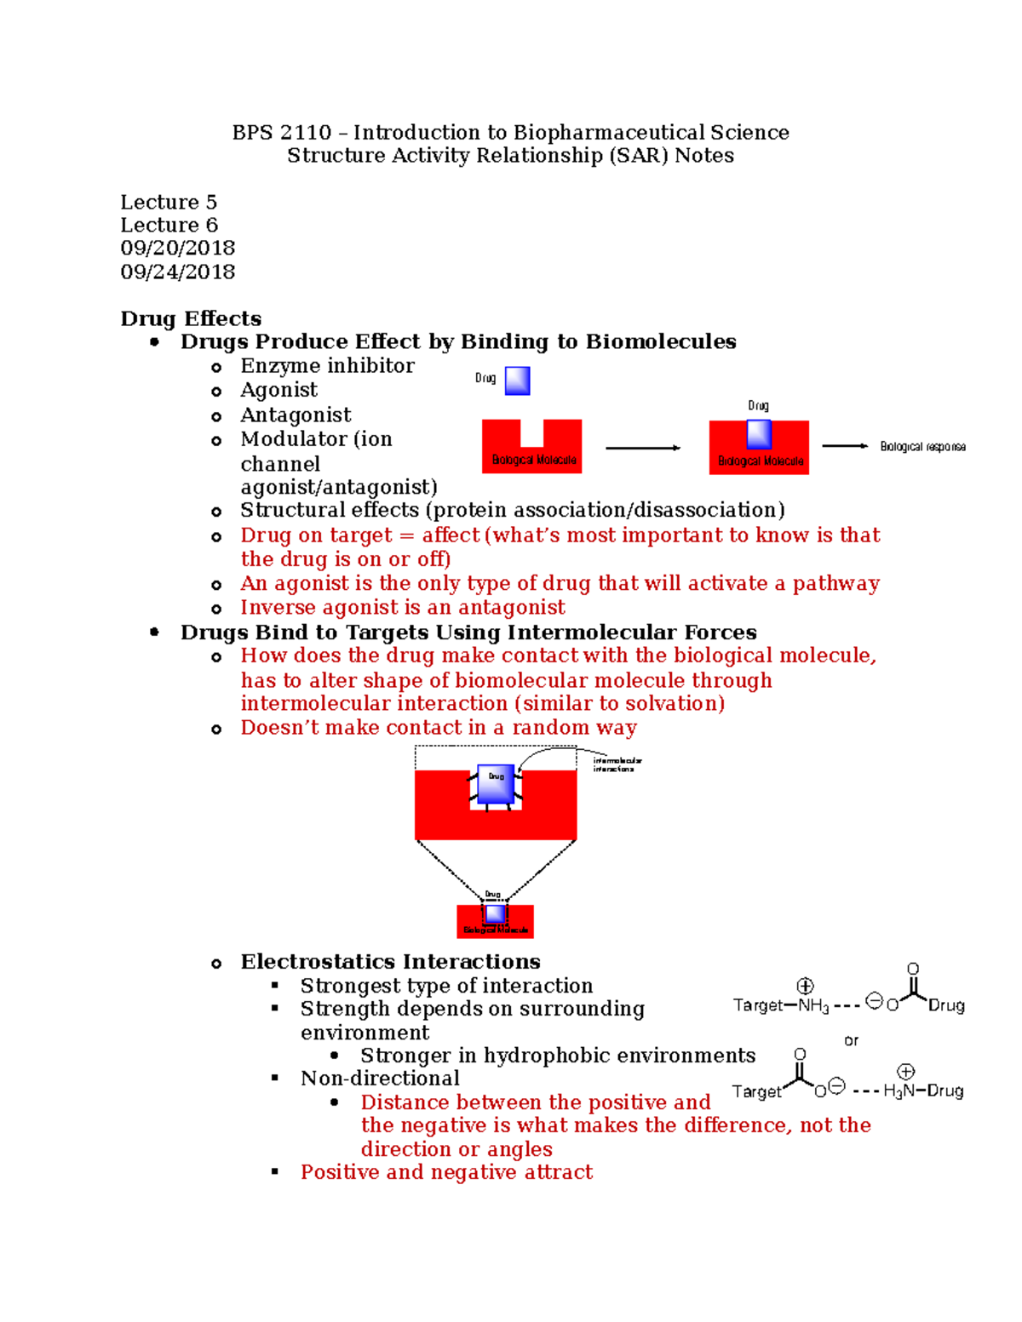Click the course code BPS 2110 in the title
pos(281,133)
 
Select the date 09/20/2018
pos(177,249)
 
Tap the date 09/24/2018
pos(177,272)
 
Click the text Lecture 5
pos(168,203)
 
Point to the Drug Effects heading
pos(191,318)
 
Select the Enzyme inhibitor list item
pos(327,366)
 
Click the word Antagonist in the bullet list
pos(296,415)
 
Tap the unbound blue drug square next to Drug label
pos(517,381)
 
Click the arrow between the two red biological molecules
pos(643,448)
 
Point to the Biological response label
pos(922,447)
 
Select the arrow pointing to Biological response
pos(844,446)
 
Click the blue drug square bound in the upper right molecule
pos(759,434)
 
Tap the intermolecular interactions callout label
pos(617,764)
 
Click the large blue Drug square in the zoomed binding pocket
pos(496,784)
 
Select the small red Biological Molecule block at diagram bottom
pos(495,922)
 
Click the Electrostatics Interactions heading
pos(390,962)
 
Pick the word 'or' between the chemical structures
pos(851,1040)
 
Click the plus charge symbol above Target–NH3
pos(805,986)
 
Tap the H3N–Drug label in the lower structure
pos(923,1091)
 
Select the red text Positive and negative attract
pos(446,1173)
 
